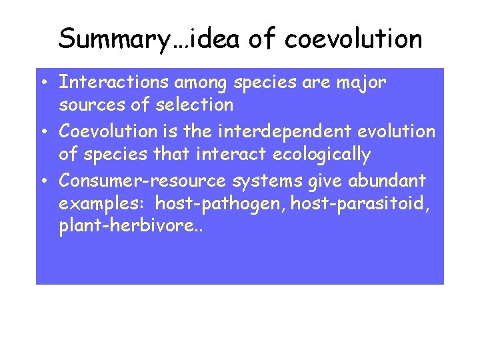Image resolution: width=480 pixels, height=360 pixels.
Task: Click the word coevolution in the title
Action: pyautogui.click(x=353, y=39)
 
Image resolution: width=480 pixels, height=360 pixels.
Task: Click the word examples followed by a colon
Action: pyautogui.click(x=103, y=203)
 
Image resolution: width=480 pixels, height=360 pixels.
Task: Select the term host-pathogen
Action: pyautogui.click(x=211, y=203)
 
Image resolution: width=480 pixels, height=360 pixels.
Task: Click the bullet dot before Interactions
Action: pyautogui.click(x=42, y=83)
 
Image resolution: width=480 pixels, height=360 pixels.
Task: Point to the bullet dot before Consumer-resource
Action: pyautogui.click(x=42, y=181)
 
